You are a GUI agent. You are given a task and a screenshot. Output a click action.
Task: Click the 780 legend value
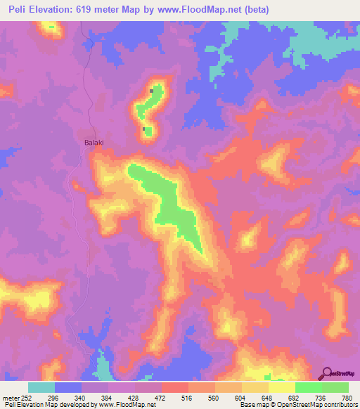point(347,397)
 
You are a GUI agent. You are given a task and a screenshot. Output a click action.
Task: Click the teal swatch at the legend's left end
point(41,387)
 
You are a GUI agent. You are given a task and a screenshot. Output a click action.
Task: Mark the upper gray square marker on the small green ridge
point(151,91)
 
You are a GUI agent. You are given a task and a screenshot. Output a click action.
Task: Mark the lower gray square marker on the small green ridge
point(144,129)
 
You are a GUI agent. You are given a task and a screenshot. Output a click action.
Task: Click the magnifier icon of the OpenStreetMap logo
point(327,373)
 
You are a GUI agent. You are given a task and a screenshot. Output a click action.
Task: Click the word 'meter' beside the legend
point(9,397)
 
